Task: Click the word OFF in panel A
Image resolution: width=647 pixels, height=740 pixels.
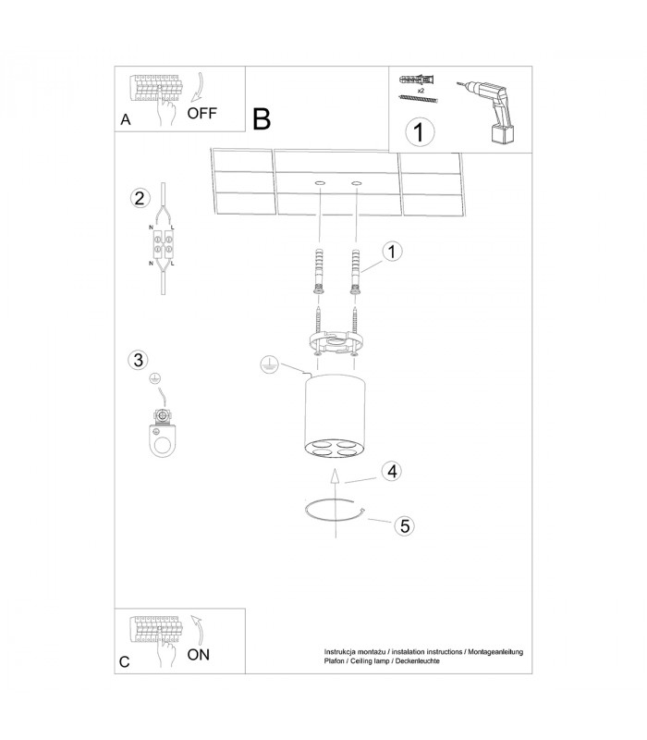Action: click(x=201, y=113)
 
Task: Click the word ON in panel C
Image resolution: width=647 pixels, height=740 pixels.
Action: click(x=198, y=655)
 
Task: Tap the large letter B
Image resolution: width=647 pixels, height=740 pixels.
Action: click(x=262, y=119)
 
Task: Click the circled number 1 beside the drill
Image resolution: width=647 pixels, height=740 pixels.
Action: click(x=420, y=131)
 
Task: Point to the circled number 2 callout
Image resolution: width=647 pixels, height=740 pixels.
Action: click(x=140, y=198)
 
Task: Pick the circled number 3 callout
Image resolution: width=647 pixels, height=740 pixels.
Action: click(x=138, y=360)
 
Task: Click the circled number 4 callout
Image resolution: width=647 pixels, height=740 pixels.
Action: click(x=392, y=471)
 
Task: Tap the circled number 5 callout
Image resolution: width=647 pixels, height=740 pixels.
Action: click(x=405, y=525)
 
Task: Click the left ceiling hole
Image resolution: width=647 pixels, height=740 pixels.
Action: click(x=320, y=182)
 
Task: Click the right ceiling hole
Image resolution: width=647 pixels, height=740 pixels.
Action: click(x=357, y=182)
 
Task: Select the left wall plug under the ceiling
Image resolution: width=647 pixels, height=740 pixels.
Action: click(x=319, y=270)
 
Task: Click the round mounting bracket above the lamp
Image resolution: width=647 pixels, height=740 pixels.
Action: click(x=336, y=342)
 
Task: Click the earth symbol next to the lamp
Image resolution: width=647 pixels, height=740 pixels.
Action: click(x=269, y=364)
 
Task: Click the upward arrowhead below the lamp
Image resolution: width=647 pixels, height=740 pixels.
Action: click(x=335, y=476)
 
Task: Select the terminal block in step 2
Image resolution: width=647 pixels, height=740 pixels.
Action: click(x=164, y=244)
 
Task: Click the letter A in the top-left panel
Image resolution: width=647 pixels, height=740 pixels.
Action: click(x=126, y=120)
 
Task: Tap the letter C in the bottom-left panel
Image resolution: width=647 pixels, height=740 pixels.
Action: click(x=125, y=661)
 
